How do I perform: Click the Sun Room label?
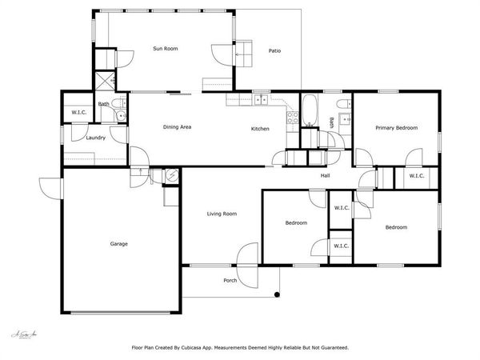tap(165, 49)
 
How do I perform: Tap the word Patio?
tap(274, 52)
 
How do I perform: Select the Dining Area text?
tap(177, 127)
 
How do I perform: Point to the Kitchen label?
tap(260, 129)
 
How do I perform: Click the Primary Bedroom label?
tap(396, 128)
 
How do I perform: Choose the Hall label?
tap(326, 175)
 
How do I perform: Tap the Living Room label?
tap(222, 214)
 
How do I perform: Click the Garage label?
tap(118, 243)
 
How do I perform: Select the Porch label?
tap(230, 280)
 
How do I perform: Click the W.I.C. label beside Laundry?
tap(78, 112)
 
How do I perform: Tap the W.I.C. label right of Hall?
tap(416, 175)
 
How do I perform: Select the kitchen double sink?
tap(260, 101)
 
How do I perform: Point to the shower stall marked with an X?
tap(104, 81)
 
